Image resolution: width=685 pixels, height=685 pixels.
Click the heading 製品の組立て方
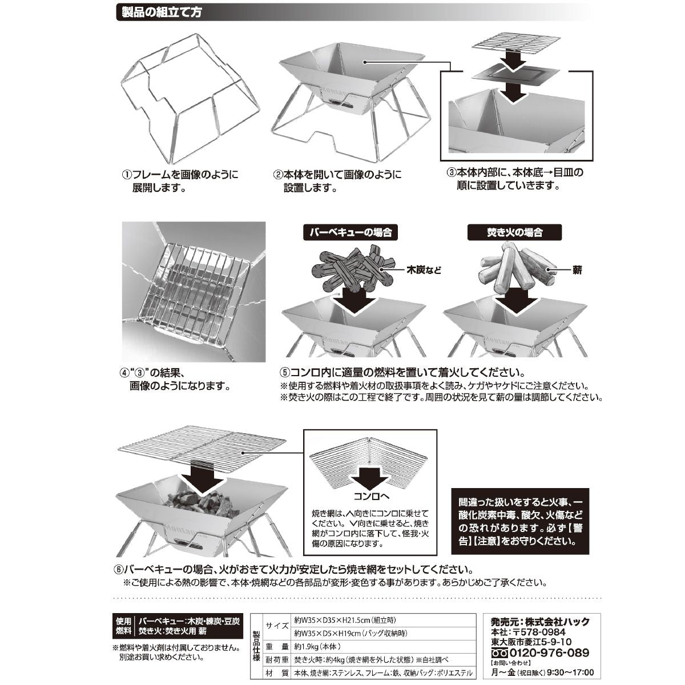[158, 12]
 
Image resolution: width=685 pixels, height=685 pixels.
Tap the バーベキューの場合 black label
[350, 233]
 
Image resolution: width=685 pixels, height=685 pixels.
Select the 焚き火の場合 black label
[514, 233]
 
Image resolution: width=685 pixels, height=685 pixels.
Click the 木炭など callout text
[424, 269]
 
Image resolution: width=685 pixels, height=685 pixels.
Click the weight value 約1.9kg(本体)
[318, 647]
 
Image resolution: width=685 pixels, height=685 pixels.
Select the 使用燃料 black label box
[124, 626]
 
